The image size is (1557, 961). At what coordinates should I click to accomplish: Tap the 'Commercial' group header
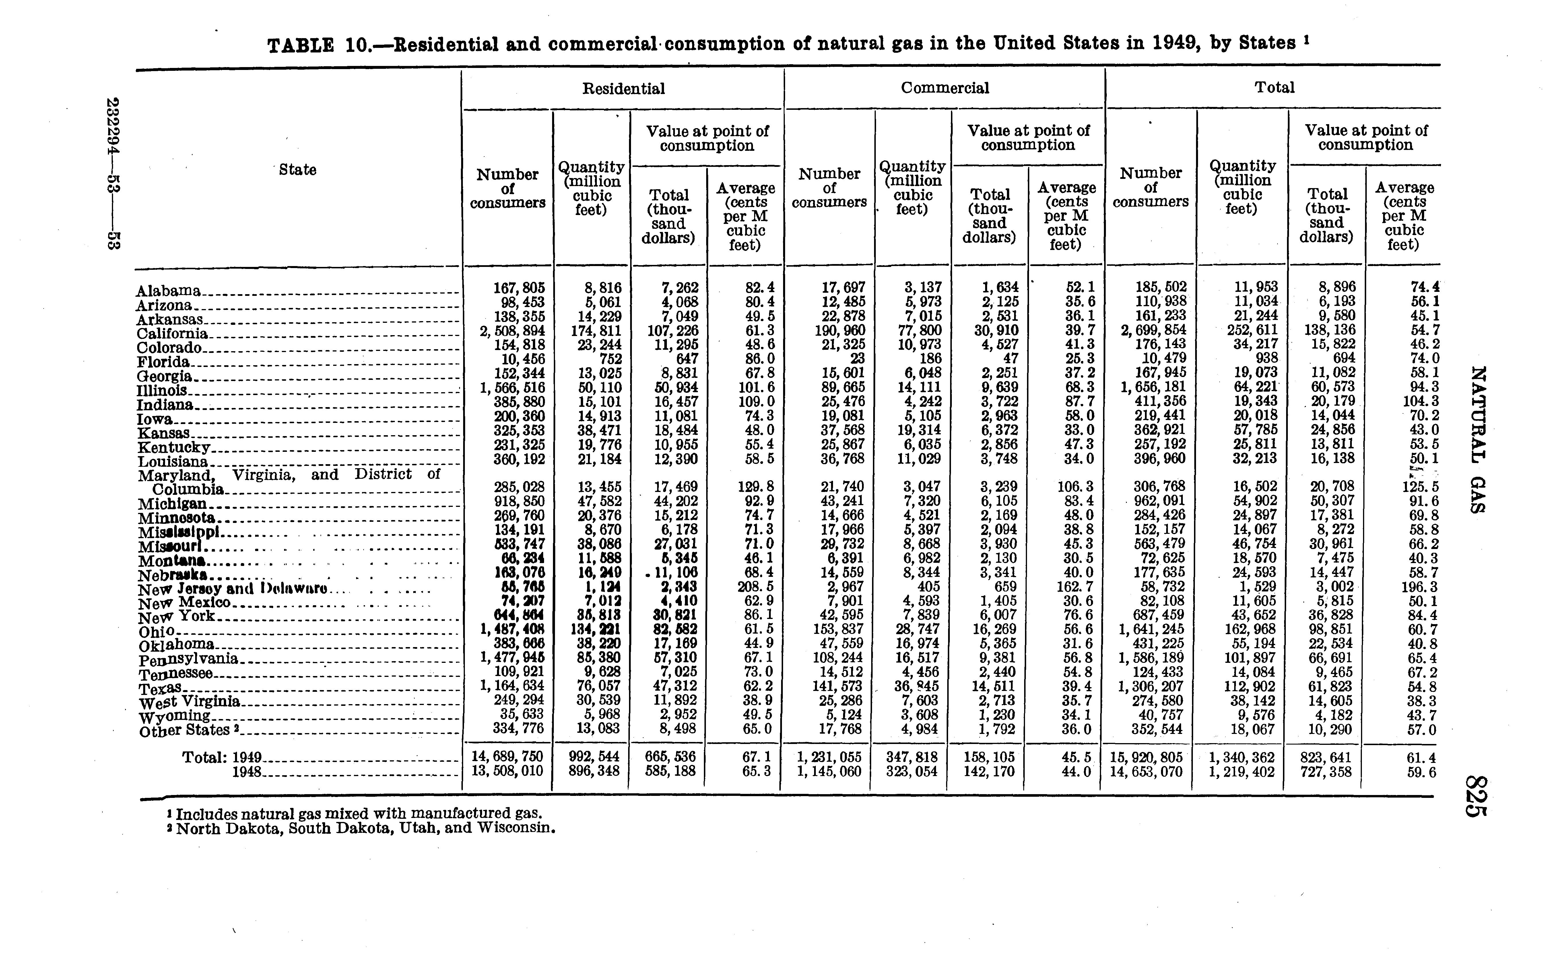coord(945,88)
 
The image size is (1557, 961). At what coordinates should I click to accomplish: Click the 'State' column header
coord(298,170)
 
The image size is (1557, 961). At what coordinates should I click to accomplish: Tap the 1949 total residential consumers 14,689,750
coord(508,757)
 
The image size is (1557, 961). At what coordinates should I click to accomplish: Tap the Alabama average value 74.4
coord(1425,287)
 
